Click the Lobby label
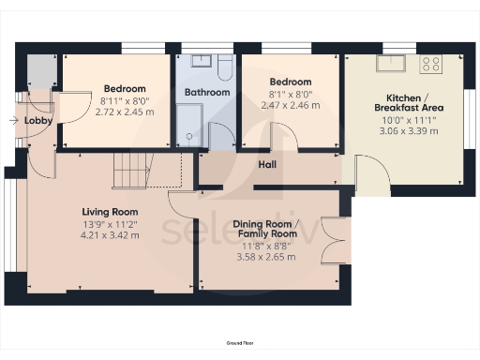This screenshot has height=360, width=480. point(38,121)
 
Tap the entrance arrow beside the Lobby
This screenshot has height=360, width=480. point(12,120)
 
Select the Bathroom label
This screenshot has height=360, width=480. point(206,93)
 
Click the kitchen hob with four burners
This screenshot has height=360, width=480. point(431,65)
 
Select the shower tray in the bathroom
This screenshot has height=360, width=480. point(189,127)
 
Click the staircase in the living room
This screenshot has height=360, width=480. point(131,171)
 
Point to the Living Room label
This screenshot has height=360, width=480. point(110,212)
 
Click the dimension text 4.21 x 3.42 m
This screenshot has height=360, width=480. point(110,234)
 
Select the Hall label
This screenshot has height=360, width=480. point(267,165)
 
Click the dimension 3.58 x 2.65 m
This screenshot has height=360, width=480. point(266,256)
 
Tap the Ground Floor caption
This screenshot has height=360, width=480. point(240,345)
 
